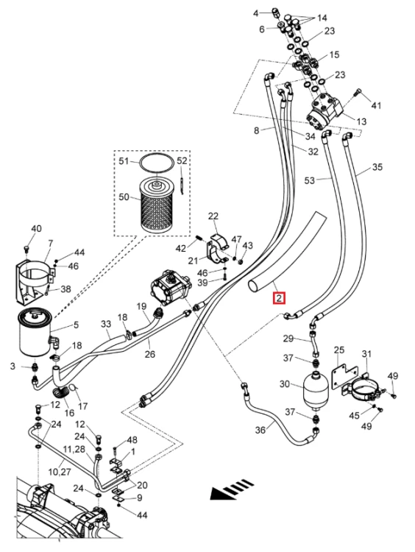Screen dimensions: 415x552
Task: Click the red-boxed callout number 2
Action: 279,298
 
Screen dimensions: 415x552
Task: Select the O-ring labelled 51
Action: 156,163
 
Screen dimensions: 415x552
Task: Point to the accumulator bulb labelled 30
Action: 316,389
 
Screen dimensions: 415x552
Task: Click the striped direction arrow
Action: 233,489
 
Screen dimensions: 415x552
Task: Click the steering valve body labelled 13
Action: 324,111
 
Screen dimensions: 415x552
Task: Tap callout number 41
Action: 376,105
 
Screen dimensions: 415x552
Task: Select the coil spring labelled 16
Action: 61,392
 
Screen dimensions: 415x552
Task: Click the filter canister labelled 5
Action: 35,332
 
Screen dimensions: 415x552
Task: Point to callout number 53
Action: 309,180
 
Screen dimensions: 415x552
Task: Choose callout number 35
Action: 377,167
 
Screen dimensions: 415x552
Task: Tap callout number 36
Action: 260,430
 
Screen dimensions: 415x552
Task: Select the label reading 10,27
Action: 59,471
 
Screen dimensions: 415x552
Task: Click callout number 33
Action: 106,324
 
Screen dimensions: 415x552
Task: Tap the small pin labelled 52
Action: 181,185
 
